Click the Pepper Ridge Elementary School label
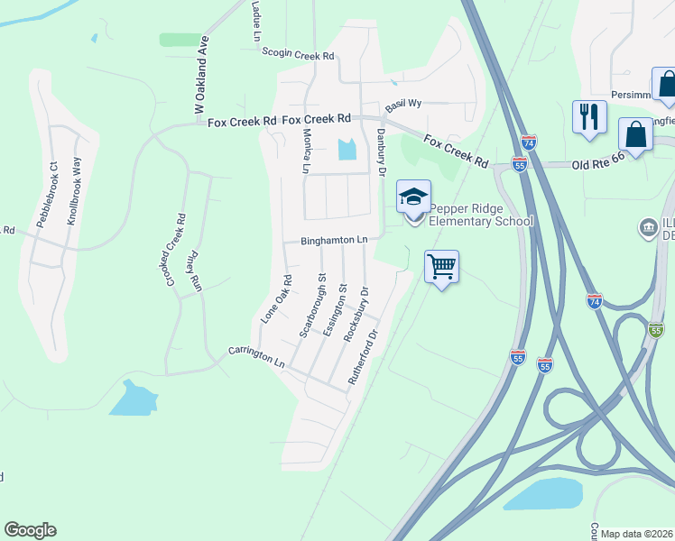click(x=480, y=214)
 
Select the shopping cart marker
click(x=441, y=267)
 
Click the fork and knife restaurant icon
click(x=589, y=117)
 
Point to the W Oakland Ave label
click(x=201, y=75)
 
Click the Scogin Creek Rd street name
click(x=298, y=55)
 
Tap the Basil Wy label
click(x=403, y=104)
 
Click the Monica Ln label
click(x=306, y=151)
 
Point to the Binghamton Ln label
click(x=334, y=241)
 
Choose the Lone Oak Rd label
click(x=276, y=299)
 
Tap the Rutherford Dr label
click(x=365, y=361)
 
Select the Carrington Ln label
click(x=256, y=357)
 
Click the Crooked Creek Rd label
click(x=175, y=251)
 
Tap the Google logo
click(x=30, y=530)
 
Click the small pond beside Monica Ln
click(x=347, y=150)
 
